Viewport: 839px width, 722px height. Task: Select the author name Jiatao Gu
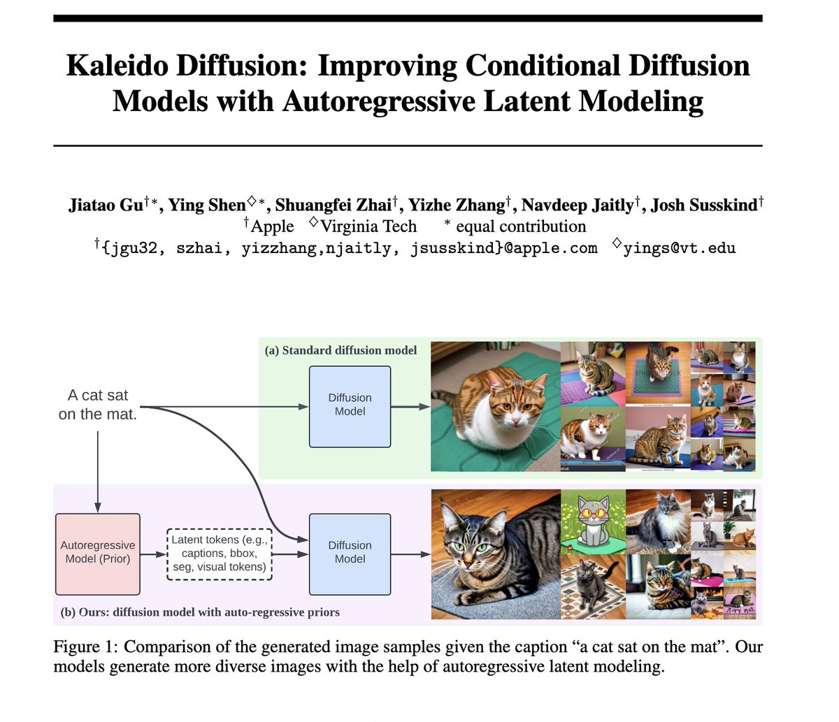[106, 205]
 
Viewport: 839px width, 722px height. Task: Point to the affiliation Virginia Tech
[368, 226]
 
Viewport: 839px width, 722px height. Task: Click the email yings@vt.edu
[679, 247]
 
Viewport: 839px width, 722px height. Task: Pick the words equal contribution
[521, 226]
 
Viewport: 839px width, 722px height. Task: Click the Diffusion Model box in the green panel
[350, 405]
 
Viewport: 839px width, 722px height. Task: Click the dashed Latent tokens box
[220, 554]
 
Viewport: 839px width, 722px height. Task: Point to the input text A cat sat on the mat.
[98, 405]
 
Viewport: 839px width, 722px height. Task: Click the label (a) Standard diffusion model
[340, 350]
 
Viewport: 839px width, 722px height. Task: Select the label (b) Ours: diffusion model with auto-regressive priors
[200, 612]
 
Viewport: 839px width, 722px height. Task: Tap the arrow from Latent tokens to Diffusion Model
[290, 554]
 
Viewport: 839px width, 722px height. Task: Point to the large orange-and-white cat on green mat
[495, 405]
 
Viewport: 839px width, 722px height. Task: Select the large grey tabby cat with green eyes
[495, 554]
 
